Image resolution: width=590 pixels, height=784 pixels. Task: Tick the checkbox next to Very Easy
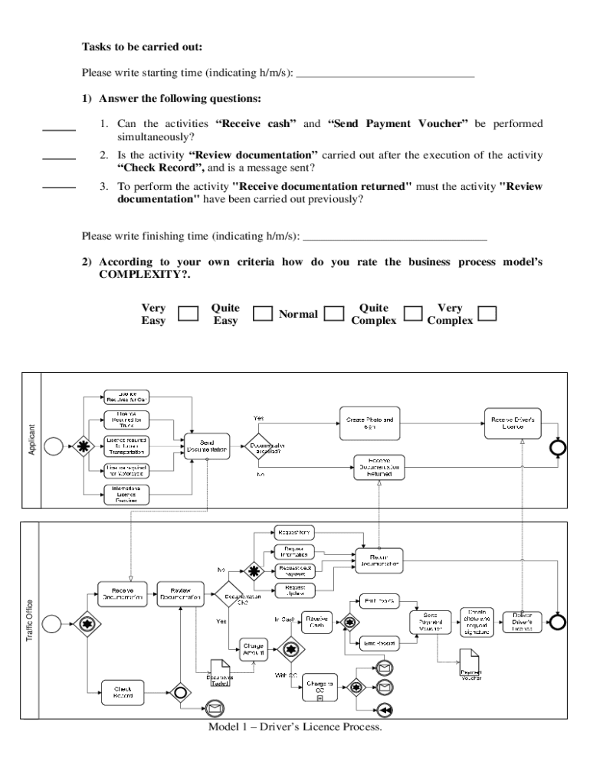(x=188, y=314)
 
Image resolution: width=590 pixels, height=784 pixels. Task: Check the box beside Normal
(x=333, y=314)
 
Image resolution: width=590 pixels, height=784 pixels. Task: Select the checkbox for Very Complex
(x=487, y=314)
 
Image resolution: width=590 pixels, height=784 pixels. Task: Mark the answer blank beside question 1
(x=59, y=129)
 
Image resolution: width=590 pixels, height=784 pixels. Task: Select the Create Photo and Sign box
(x=369, y=423)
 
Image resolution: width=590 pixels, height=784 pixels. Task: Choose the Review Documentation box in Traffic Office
(x=180, y=595)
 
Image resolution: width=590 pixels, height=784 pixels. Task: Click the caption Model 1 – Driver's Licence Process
(x=294, y=727)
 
